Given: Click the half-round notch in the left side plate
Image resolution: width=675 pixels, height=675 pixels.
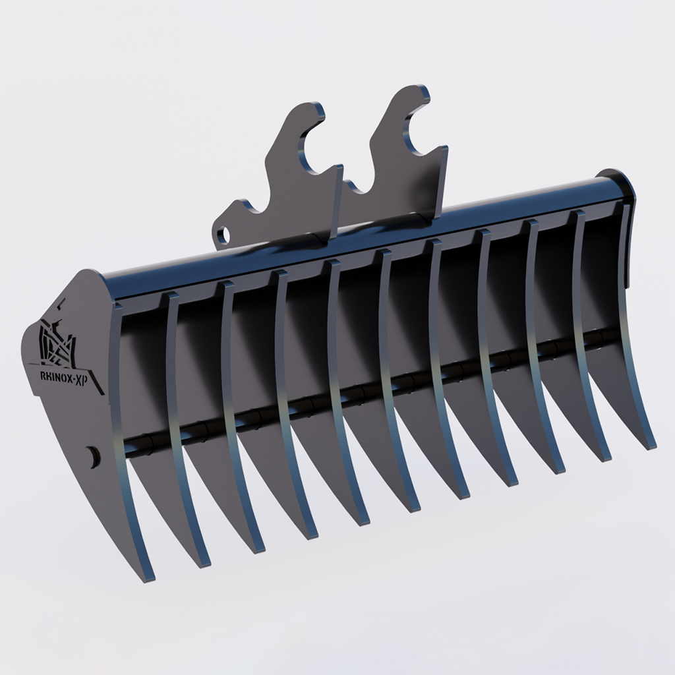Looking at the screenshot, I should point(93,455).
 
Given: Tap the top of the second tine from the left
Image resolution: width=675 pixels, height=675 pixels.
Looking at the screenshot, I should point(171,297).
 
